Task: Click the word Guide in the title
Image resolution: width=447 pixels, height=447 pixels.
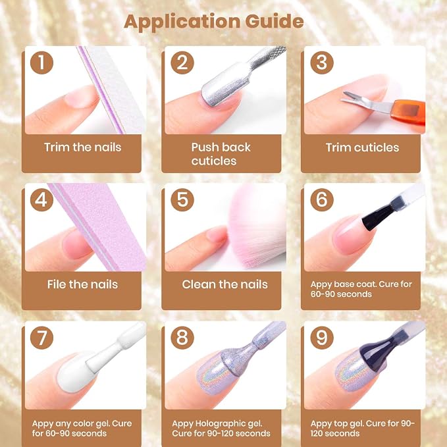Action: [x=275, y=21]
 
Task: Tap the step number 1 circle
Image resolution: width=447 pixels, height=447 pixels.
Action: [x=41, y=63]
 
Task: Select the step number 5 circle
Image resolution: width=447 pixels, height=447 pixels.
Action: [x=182, y=199]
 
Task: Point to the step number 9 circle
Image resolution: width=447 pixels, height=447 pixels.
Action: [x=322, y=338]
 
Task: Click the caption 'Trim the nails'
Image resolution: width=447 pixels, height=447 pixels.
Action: [x=83, y=147]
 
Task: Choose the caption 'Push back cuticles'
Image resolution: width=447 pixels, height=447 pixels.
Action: [x=221, y=154]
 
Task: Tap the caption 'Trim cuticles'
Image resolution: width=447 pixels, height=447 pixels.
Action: [x=362, y=147]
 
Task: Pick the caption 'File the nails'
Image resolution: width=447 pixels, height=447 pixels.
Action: [x=82, y=284]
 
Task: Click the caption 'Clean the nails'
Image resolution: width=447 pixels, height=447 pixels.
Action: [x=224, y=284]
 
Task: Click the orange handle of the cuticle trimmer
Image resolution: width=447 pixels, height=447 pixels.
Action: [x=408, y=113]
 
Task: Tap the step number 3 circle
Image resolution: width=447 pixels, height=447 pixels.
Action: [x=322, y=63]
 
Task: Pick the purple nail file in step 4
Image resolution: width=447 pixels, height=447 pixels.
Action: [x=98, y=225]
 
